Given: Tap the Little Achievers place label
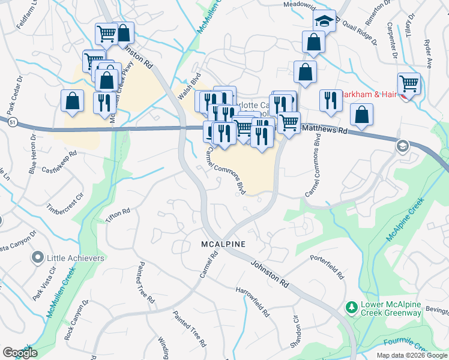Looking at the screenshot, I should click(76, 259).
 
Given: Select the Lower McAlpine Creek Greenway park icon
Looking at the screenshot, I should click(351, 308).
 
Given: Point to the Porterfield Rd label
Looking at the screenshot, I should click(327, 268).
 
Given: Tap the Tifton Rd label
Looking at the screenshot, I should click(118, 217).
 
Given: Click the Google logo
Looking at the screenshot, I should click(20, 353).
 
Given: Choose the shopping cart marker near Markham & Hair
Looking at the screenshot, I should click(409, 83).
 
